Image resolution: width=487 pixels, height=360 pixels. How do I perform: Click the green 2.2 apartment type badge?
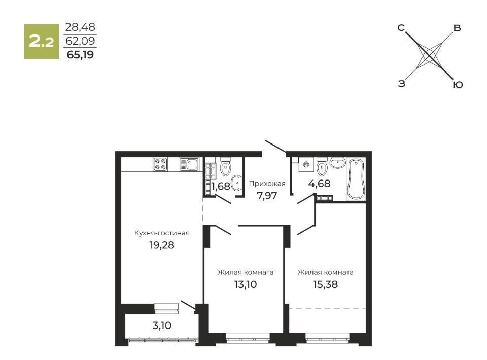point(42,42)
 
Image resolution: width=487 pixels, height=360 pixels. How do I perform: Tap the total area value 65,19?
point(81,55)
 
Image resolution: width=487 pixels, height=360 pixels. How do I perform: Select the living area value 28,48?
point(80,27)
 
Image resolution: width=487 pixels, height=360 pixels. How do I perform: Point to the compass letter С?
point(401,28)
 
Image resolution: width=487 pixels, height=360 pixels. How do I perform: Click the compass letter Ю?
point(458,85)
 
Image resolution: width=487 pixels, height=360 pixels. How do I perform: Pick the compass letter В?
point(457,28)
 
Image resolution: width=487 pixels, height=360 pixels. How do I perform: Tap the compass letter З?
point(402,84)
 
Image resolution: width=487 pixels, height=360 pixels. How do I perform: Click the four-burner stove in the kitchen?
point(160,164)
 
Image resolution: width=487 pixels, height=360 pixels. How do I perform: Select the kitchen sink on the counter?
point(189,164)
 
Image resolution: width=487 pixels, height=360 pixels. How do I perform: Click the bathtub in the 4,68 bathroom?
point(356,179)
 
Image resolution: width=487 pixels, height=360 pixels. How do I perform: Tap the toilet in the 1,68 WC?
point(225,166)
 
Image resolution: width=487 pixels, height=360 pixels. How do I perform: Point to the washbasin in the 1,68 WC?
point(237,183)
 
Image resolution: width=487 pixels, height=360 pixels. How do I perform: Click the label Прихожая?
point(267,184)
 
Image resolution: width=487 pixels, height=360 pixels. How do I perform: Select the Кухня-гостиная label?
point(162,233)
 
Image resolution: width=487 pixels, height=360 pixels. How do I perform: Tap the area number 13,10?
point(246,284)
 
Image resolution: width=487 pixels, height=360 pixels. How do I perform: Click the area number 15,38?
point(326,284)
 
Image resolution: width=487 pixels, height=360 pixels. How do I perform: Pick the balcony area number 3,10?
point(162,326)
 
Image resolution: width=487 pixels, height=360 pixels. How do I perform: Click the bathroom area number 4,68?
point(319,184)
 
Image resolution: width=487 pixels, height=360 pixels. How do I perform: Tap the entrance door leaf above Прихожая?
point(276,147)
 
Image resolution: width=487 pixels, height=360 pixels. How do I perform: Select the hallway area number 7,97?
point(267,196)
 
